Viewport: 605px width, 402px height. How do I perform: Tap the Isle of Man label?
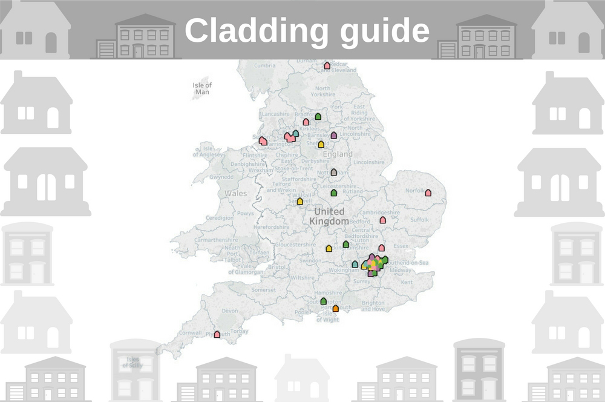(x=202, y=88)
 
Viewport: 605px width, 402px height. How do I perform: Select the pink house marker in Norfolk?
(x=428, y=193)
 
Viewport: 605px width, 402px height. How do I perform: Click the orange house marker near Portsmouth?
(x=335, y=308)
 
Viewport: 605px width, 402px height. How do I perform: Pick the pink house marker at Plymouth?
(x=217, y=334)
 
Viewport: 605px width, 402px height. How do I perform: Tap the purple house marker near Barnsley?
(x=333, y=135)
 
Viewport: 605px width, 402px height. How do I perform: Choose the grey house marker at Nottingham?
(x=333, y=172)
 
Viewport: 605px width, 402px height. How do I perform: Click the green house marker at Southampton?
(x=323, y=301)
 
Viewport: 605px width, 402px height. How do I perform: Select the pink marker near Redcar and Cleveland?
(x=327, y=65)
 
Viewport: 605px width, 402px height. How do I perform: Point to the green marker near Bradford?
(x=318, y=116)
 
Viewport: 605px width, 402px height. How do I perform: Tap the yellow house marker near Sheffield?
(x=321, y=144)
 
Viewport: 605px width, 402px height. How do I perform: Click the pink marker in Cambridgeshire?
(x=382, y=220)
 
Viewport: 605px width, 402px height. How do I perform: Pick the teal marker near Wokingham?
(x=355, y=264)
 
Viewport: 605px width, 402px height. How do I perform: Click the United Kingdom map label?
(x=329, y=216)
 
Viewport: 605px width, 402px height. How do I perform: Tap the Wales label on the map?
(x=236, y=193)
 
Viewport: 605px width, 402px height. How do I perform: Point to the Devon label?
(x=230, y=311)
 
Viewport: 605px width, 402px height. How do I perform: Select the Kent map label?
(x=407, y=282)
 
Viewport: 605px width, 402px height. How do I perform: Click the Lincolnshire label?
(x=368, y=162)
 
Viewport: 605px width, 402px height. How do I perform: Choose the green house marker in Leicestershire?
(x=333, y=193)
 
